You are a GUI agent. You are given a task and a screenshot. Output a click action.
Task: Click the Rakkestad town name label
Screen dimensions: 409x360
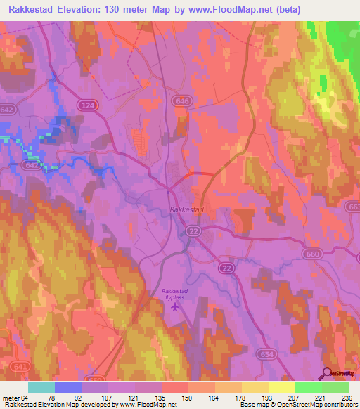(x=186, y=209)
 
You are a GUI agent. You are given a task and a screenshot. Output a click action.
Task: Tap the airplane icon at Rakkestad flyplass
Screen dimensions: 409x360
(x=176, y=304)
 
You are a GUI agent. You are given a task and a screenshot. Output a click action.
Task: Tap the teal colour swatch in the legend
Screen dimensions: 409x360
(x=41, y=387)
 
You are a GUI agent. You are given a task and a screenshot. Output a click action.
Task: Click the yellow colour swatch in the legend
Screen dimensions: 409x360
(x=281, y=387)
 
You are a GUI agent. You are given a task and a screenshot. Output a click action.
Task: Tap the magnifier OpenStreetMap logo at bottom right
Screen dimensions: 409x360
(x=326, y=374)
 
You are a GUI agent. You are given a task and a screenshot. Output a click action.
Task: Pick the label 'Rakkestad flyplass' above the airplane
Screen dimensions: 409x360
(x=176, y=294)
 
